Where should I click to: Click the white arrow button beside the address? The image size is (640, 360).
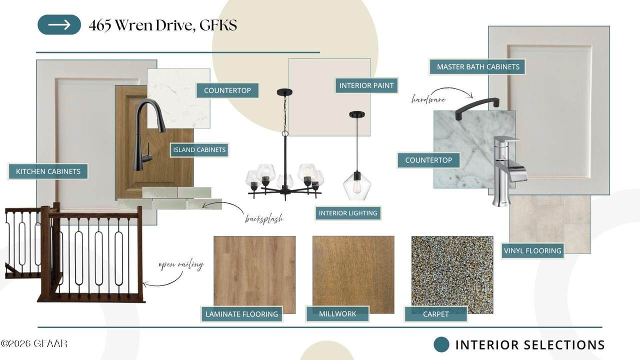click(x=59, y=25)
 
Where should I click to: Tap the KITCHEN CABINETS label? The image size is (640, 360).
click(x=48, y=171)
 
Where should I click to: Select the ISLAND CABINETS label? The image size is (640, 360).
click(x=199, y=149)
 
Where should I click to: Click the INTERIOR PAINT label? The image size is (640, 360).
click(x=366, y=85)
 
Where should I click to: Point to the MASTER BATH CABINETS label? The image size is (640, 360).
click(x=478, y=67)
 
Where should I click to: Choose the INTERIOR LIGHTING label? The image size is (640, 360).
click(x=348, y=213)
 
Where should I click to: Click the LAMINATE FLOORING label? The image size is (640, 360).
click(x=241, y=314)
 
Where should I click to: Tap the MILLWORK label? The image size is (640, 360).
click(x=337, y=313)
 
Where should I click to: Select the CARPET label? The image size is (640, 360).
click(x=435, y=314)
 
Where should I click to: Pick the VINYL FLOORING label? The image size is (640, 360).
click(x=532, y=251)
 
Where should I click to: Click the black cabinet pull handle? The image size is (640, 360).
click(x=477, y=107)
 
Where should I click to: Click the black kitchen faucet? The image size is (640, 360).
click(x=149, y=134)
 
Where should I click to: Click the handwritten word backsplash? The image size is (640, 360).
click(x=264, y=219)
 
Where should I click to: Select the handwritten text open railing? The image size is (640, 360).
click(x=181, y=265)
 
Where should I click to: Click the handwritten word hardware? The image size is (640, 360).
click(x=428, y=99)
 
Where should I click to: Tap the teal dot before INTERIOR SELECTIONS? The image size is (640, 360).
click(x=441, y=344)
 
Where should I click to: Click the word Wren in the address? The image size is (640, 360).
click(x=133, y=25)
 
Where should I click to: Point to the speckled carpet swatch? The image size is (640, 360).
click(x=452, y=274)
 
